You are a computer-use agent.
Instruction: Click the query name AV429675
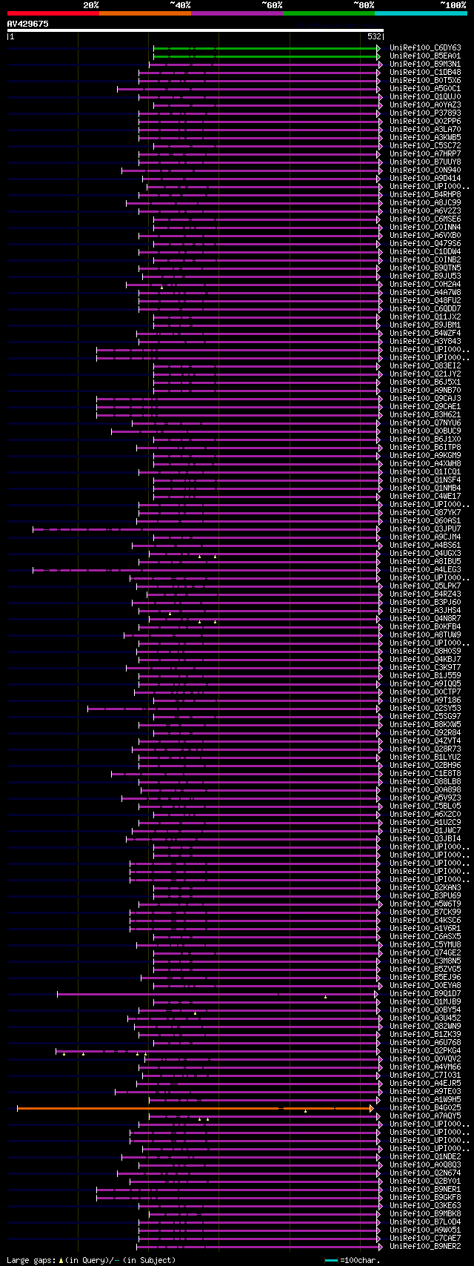coord(28,24)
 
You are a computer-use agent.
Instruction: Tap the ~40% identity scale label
coord(180,5)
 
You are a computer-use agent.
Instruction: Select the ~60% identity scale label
coord(272,5)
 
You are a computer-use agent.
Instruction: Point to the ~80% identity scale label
coord(364,5)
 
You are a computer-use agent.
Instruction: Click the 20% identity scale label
coord(91,5)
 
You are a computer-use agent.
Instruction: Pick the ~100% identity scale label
coord(453,5)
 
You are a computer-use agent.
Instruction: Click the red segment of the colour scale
coord(53,13)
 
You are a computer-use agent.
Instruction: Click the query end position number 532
coord(374,36)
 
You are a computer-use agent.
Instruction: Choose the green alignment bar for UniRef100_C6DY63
coord(267,47)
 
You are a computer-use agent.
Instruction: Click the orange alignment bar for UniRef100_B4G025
coord(148,1108)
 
